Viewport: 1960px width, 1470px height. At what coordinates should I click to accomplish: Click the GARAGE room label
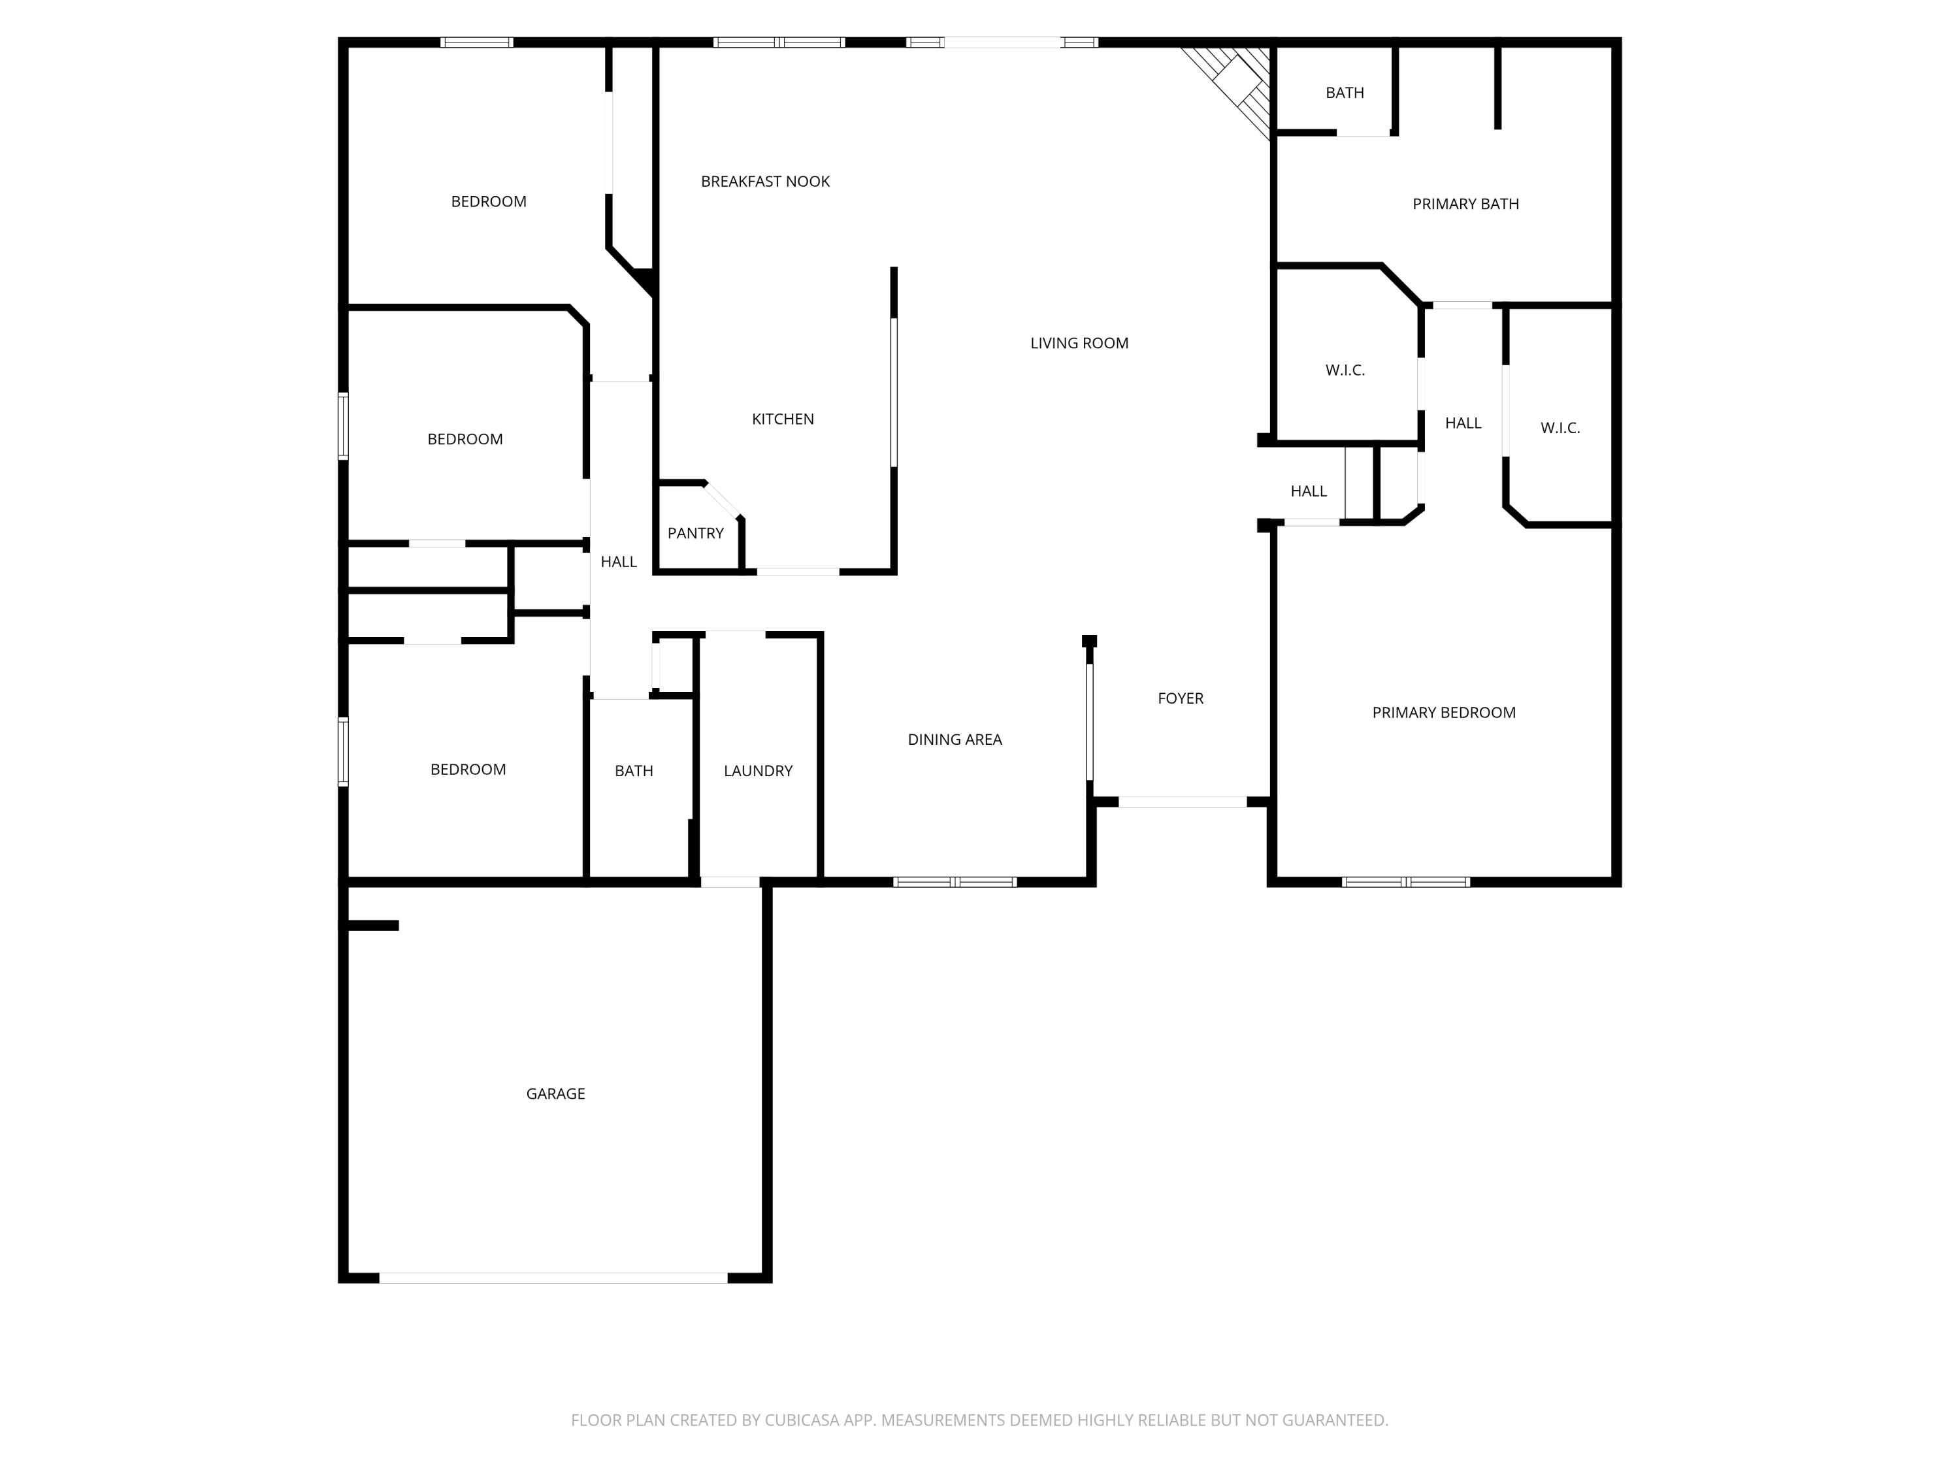click(555, 1094)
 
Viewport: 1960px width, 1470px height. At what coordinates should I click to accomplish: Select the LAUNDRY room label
click(758, 771)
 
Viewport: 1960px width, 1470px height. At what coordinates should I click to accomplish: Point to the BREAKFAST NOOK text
click(764, 182)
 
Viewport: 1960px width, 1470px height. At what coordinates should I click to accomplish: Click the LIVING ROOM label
click(1079, 343)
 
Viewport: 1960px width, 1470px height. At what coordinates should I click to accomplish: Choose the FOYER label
click(1181, 698)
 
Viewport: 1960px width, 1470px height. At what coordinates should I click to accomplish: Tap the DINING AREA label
click(955, 739)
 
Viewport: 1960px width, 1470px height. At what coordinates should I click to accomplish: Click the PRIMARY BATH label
click(1465, 204)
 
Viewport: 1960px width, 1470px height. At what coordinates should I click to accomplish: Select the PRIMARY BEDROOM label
click(1443, 712)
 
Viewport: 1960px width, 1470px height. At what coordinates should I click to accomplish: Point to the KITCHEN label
click(783, 419)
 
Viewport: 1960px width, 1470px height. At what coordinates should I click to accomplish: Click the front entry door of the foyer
click(1182, 802)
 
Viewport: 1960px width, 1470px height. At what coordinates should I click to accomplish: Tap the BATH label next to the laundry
click(634, 771)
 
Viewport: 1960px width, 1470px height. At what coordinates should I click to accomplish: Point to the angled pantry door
click(724, 500)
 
